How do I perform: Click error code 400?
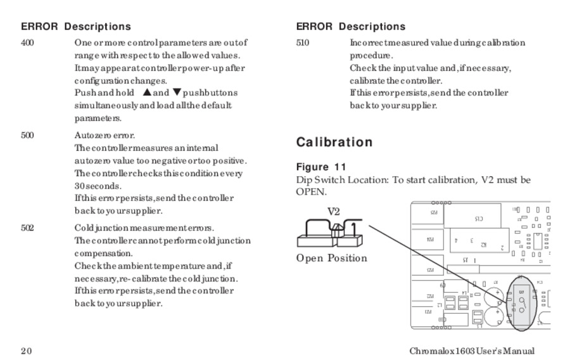pyautogui.click(x=27, y=43)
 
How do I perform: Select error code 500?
pyautogui.click(x=27, y=136)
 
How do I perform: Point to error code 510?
pyautogui.click(x=302, y=43)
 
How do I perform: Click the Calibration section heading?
pyautogui.click(x=334, y=142)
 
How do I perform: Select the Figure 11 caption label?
pyautogui.click(x=321, y=167)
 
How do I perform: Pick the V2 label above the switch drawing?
pyautogui.click(x=333, y=212)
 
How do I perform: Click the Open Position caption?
pyautogui.click(x=331, y=259)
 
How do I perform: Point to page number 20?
pyautogui.click(x=26, y=351)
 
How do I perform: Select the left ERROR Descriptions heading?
pyautogui.click(x=76, y=27)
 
